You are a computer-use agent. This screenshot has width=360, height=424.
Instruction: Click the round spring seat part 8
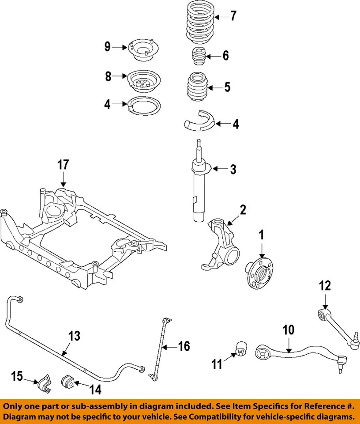(143, 81)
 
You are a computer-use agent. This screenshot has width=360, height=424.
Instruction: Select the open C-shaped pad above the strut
(198, 121)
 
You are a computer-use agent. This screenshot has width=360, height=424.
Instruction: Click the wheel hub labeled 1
(259, 274)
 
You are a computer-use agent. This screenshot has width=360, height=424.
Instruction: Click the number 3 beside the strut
(232, 169)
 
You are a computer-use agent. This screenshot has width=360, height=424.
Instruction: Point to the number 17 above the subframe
(63, 166)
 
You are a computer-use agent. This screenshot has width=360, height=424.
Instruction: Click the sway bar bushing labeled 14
(69, 380)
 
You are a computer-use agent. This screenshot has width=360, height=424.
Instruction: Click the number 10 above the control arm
(288, 330)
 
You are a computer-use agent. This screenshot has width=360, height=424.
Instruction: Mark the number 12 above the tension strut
(324, 286)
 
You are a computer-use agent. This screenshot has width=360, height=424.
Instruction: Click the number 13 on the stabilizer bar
(74, 336)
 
